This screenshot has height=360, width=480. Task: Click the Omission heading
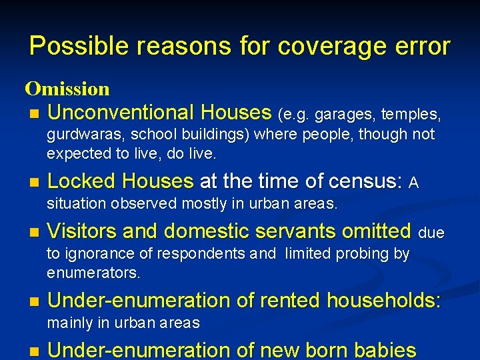(67, 88)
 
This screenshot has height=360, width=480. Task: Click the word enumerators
(93, 273)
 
